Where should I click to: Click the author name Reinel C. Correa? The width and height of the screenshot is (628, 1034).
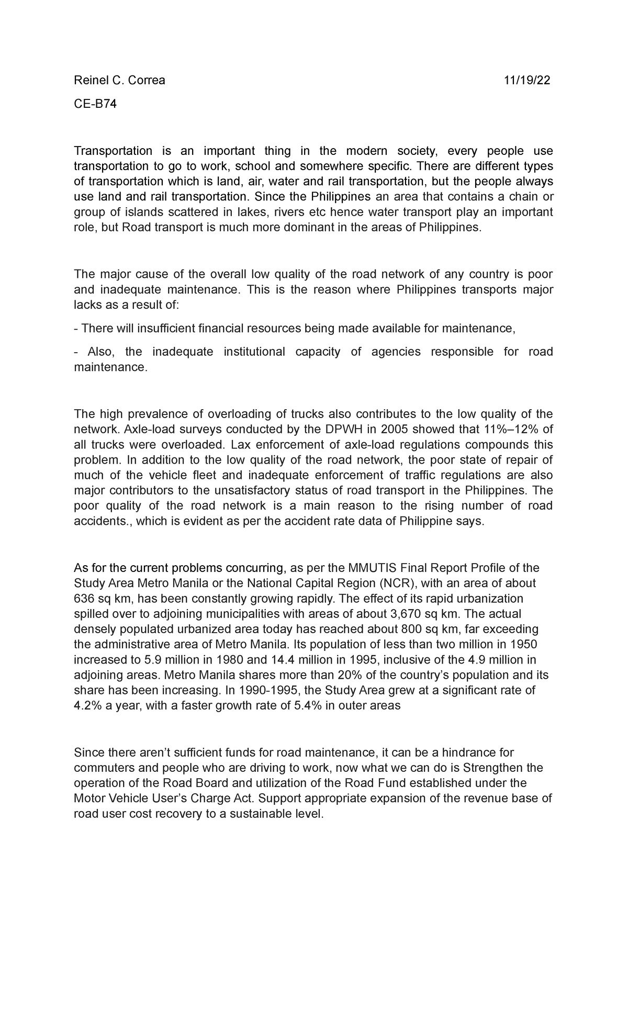(119, 80)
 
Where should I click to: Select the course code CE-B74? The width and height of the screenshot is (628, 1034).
(95, 104)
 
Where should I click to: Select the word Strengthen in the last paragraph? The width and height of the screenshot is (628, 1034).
(489, 768)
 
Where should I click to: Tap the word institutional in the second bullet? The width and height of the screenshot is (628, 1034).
(254, 352)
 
